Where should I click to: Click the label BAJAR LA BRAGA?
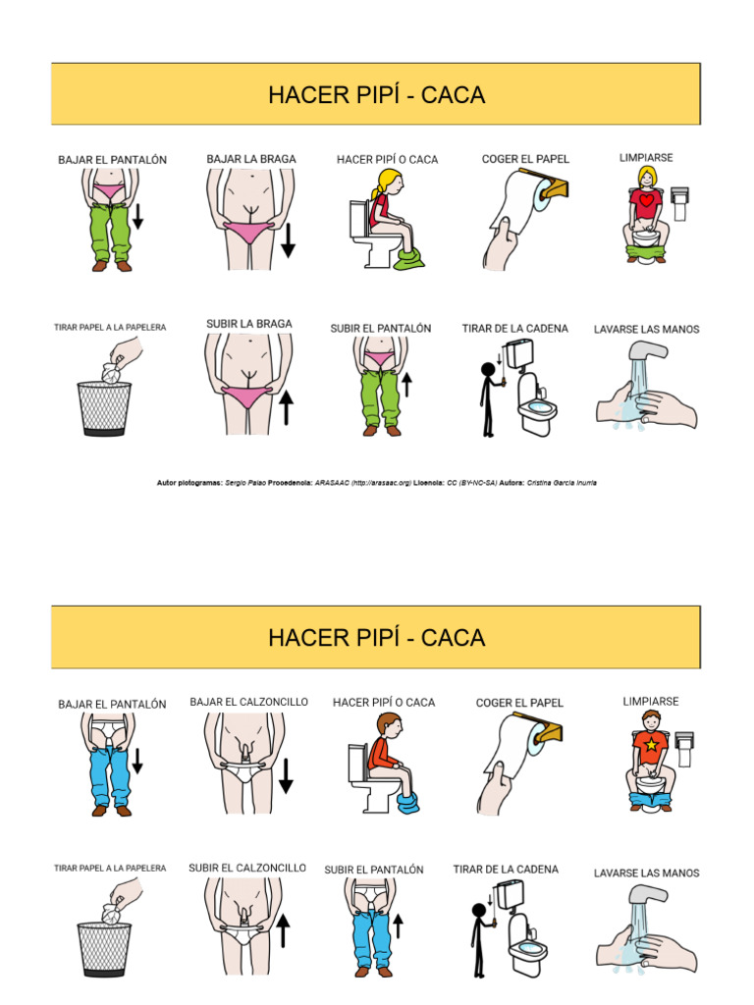[250, 158]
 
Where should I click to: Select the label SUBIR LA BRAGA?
[248, 324]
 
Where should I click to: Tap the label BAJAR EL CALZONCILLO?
[248, 702]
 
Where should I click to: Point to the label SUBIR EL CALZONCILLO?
[246, 868]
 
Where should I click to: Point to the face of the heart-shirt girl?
[647, 178]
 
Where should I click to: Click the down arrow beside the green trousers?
[138, 215]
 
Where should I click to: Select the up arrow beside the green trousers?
[405, 384]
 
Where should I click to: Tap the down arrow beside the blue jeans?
[137, 760]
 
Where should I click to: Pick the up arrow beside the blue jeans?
[398, 926]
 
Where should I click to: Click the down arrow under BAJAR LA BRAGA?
[288, 240]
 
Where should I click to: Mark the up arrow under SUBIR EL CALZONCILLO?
[284, 929]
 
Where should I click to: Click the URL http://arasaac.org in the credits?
[377, 483]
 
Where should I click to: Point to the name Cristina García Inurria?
[561, 483]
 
